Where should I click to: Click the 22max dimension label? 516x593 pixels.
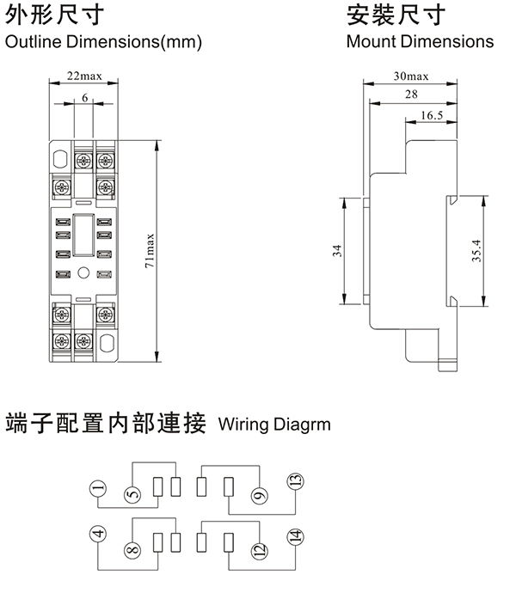[x=84, y=76]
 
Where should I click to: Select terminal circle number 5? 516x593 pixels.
[x=132, y=495]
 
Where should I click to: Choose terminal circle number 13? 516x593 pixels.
[x=294, y=483]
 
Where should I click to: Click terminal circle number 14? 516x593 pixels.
[x=294, y=536]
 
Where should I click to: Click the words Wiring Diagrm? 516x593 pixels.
[x=274, y=424]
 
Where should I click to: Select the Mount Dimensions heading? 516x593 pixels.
[x=420, y=41]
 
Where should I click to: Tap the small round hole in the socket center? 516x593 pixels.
[x=84, y=274]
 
